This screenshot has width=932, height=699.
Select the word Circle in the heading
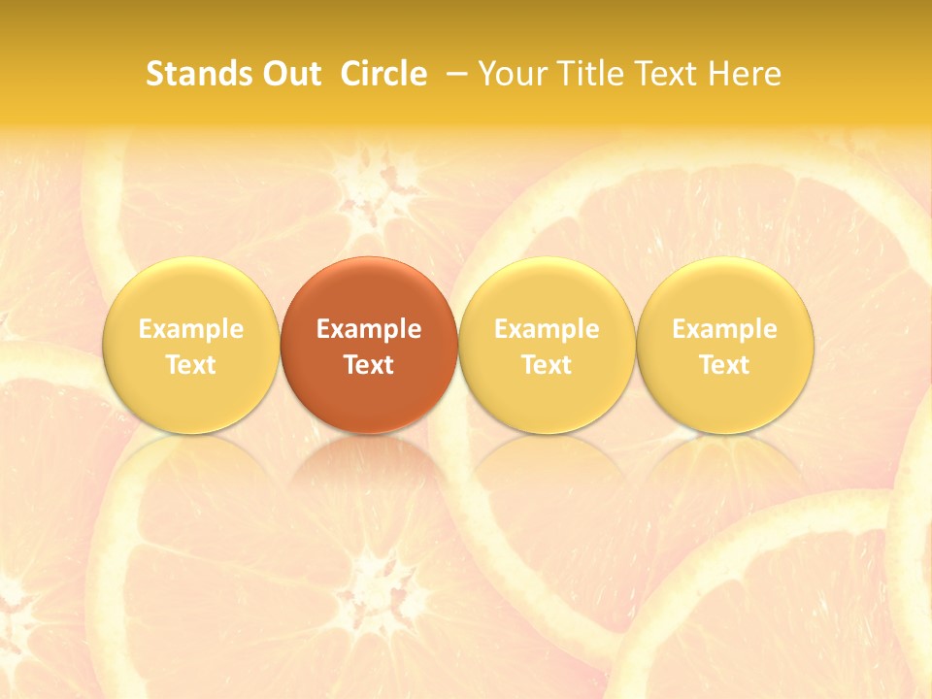[x=383, y=74]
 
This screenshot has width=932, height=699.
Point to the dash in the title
[x=456, y=74]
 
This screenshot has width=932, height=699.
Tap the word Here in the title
[x=744, y=74]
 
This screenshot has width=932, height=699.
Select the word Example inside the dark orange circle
[x=369, y=329]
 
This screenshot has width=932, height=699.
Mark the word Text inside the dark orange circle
[x=369, y=365]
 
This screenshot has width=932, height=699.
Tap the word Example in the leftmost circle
[x=190, y=329]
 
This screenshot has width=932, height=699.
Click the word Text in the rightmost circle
[x=725, y=365]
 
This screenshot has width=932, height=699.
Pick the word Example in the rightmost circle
[x=725, y=329]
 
